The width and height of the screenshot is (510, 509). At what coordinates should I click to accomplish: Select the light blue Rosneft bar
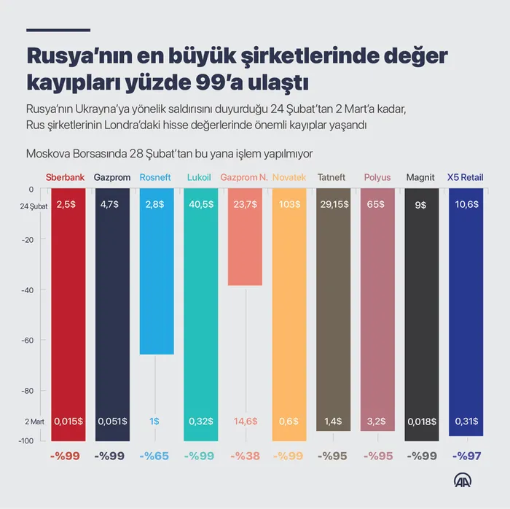pyautogui.click(x=157, y=277)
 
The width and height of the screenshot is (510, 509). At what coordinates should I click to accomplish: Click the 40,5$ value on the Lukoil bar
pyautogui.click(x=200, y=205)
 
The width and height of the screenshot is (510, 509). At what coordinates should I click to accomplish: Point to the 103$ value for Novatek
pyautogui.click(x=289, y=205)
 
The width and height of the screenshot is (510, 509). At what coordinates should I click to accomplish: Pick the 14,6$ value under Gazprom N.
pyautogui.click(x=245, y=421)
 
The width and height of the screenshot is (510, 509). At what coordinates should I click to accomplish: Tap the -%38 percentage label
pyautogui.click(x=245, y=456)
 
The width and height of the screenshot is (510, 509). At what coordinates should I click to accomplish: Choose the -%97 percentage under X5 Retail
pyautogui.click(x=466, y=456)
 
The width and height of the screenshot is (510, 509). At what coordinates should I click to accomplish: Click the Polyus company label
pyautogui.click(x=377, y=177)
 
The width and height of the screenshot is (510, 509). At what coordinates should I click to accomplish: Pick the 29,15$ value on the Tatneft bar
pyautogui.click(x=334, y=205)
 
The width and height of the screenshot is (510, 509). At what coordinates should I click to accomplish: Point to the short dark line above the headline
pyautogui.click(x=58, y=30)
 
